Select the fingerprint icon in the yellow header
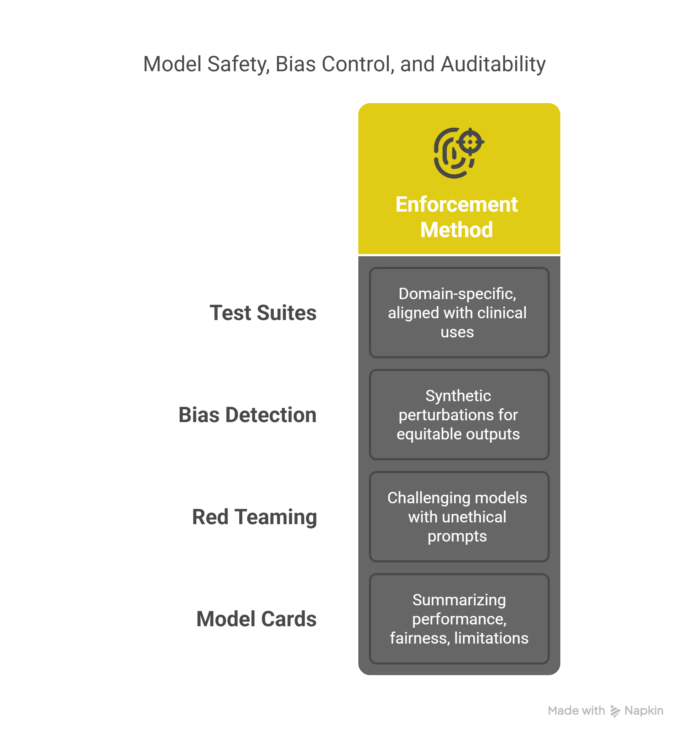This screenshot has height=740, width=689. pos(459,153)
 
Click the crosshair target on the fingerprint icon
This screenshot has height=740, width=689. pos(470,141)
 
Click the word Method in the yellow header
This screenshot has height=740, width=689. pos(456,229)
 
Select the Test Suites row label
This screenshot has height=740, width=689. pos(263,312)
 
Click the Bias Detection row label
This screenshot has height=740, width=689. pos(247,415)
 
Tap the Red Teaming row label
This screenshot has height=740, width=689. pos(254,517)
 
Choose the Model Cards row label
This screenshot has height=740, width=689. pos(257,619)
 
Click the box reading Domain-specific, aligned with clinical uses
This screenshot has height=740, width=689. pos(459,312)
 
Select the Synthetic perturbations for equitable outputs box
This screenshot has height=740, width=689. pos(459,415)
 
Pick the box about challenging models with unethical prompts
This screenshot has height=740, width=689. pos(459,517)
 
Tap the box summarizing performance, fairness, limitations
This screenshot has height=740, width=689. pos(459,619)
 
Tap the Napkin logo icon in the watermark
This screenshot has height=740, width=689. pos(615,711)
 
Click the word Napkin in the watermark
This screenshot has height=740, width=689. pos(644,711)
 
